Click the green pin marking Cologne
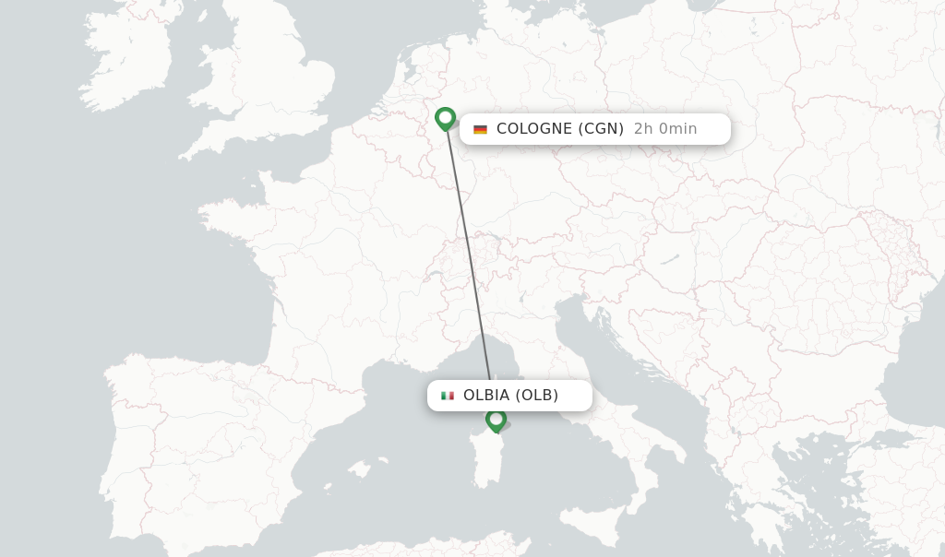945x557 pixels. [446, 119]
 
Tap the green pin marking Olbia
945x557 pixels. [496, 421]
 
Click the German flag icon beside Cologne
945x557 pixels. [480, 129]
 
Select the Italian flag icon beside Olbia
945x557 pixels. [448, 396]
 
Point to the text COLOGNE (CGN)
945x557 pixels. [560, 129]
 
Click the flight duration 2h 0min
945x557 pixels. [665, 129]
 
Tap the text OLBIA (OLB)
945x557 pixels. [510, 396]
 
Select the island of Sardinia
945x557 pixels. [489, 461]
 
